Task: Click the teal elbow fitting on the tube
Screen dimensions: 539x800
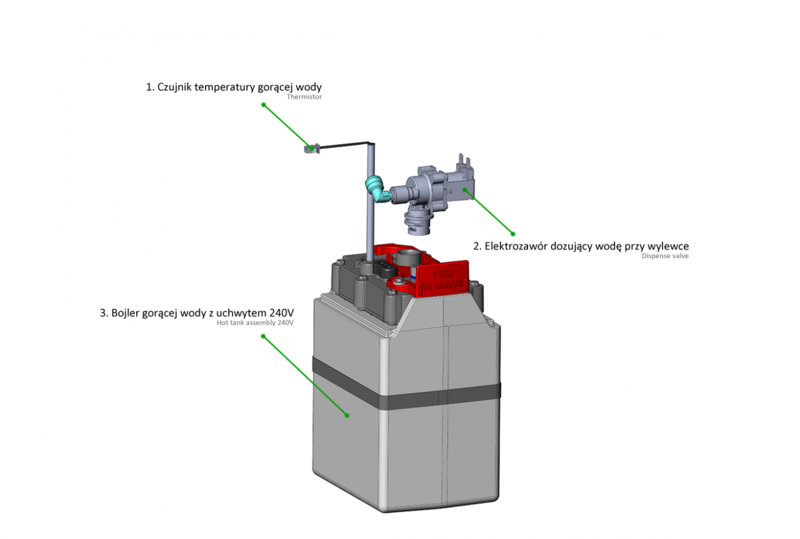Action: click(x=375, y=188)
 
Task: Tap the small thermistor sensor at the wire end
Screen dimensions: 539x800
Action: click(x=310, y=148)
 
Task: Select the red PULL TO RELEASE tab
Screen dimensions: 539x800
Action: click(x=442, y=278)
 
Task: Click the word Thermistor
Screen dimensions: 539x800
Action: click(x=305, y=97)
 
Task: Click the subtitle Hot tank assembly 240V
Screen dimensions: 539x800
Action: click(x=256, y=323)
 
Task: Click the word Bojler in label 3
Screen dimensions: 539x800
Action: click(x=126, y=313)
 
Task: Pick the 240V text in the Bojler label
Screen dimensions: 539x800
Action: click(x=281, y=313)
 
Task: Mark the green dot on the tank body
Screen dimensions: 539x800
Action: click(x=347, y=415)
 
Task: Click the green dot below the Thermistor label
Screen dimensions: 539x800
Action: click(x=264, y=105)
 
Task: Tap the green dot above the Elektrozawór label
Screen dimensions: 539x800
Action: click(x=513, y=234)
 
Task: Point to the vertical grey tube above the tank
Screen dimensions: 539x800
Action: click(x=370, y=222)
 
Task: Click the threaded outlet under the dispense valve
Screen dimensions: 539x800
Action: click(x=420, y=222)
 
